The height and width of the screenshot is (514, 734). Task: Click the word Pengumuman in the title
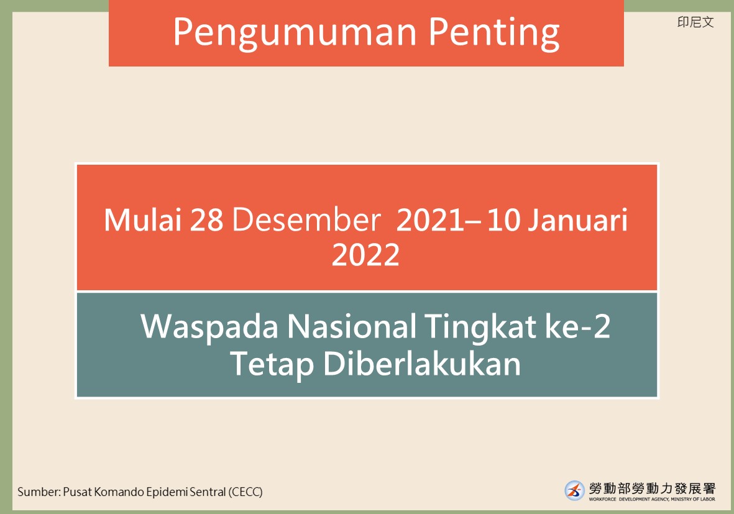click(x=295, y=33)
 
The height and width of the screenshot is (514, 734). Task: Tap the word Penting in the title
click(x=494, y=33)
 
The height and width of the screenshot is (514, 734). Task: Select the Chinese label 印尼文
click(x=695, y=22)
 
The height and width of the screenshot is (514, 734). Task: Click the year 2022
click(x=365, y=255)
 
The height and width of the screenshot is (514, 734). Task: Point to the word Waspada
click(x=209, y=327)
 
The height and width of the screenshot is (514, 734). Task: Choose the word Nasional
click(x=352, y=326)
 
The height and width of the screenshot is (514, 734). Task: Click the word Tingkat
click(x=480, y=327)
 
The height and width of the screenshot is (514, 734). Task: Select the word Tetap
click(x=272, y=364)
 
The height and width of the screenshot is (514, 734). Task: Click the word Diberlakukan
click(x=422, y=363)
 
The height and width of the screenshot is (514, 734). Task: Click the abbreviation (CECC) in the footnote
click(x=245, y=492)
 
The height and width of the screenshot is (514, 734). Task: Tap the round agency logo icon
click(x=574, y=490)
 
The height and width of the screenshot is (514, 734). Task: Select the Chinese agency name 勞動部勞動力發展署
click(x=652, y=489)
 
